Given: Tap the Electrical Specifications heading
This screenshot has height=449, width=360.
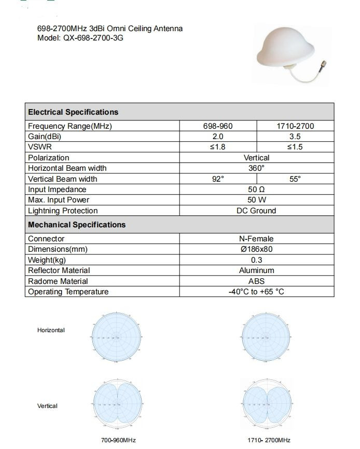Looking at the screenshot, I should click(x=73, y=112).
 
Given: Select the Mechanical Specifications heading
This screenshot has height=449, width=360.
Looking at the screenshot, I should click(x=77, y=225).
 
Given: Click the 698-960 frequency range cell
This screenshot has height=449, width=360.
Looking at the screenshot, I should click(x=218, y=126).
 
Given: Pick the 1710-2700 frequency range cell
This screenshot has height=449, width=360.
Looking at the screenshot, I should click(x=295, y=126).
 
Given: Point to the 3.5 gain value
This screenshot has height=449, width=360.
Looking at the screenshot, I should click(x=295, y=137).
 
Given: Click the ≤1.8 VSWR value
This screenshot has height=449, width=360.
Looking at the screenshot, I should click(x=218, y=147).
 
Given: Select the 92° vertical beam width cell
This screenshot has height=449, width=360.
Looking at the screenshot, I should click(x=218, y=179).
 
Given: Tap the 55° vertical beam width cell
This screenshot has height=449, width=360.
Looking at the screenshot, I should click(x=295, y=179).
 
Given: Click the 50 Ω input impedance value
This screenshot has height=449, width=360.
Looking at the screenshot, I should click(x=257, y=189).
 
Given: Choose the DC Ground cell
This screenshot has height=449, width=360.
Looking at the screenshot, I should click(x=257, y=211).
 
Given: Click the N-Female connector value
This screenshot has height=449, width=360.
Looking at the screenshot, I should click(x=257, y=239).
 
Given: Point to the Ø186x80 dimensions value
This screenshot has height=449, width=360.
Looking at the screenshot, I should click(x=257, y=249).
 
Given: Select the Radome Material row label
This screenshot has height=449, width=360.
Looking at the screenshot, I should click(x=58, y=281).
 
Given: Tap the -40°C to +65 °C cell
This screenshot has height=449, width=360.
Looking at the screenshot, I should click(x=257, y=292).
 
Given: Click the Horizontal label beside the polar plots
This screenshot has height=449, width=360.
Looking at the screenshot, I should click(x=51, y=330).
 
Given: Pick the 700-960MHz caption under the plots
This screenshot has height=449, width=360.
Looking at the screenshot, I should click(x=118, y=440).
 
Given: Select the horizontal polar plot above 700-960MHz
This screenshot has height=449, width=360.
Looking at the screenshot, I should click(x=116, y=337).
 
